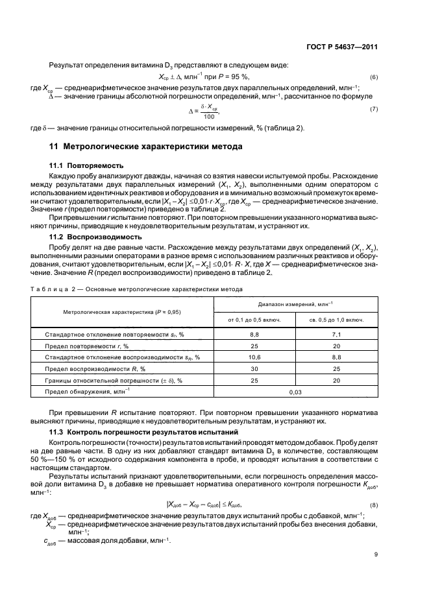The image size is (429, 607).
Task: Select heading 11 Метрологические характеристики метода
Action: click(x=141, y=147)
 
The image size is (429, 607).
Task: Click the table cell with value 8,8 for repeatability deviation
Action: click(x=254, y=334)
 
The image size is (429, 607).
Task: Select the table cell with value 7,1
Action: click(x=336, y=334)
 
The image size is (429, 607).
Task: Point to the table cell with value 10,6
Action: click(x=254, y=357)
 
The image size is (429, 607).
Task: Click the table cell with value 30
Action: click(x=254, y=368)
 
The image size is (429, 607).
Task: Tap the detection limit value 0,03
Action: click(x=295, y=392)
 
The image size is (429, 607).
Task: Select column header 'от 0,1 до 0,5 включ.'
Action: click(x=254, y=319)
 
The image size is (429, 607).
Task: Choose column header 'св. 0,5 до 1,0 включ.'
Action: click(x=336, y=319)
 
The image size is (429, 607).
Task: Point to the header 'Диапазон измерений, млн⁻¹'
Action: click(x=295, y=303)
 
